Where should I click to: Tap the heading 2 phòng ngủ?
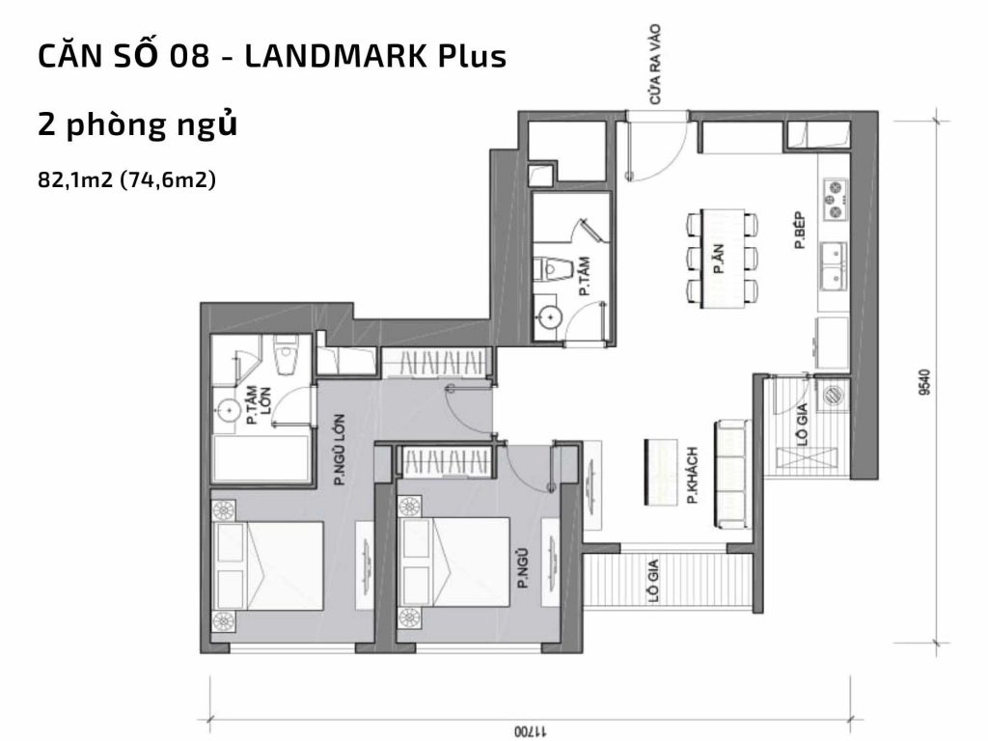point(138,125)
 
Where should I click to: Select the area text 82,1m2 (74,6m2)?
point(125,179)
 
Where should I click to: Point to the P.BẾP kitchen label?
point(800,232)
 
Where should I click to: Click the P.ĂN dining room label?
point(719,260)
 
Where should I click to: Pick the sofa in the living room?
point(731,475)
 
